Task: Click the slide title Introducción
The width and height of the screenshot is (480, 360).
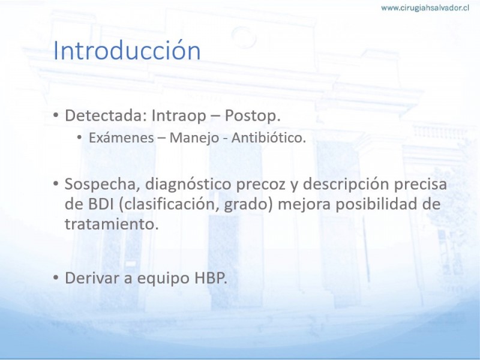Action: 127,50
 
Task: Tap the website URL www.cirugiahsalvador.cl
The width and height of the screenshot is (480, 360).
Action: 425,8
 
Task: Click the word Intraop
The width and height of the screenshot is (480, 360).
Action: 179,116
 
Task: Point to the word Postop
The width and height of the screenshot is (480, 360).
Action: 253,116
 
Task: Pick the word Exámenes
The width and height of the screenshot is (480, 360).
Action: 121,138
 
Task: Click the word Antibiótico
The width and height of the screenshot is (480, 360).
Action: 268,138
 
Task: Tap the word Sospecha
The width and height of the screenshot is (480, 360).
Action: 102,185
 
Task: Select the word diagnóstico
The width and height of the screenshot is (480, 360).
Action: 188,185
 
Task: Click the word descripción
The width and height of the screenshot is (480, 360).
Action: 346,185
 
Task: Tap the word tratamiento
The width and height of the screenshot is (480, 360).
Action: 112,224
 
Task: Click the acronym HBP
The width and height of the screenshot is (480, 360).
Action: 211,278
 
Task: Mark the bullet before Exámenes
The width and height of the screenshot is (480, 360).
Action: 80,138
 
